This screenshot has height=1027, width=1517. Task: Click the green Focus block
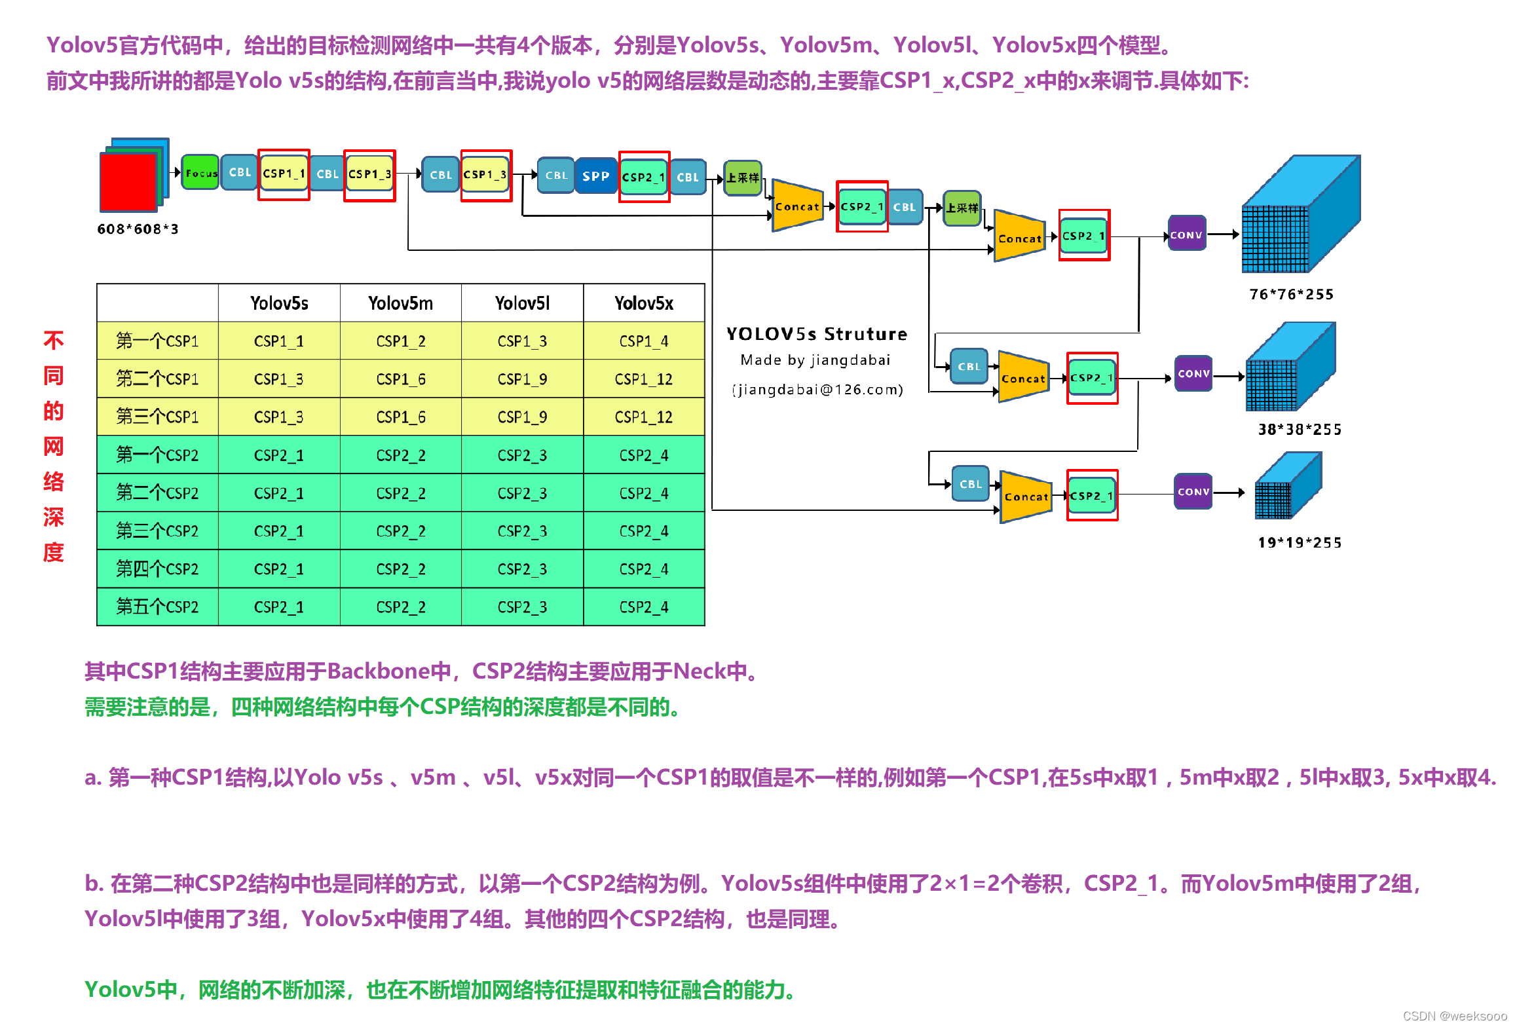(x=200, y=173)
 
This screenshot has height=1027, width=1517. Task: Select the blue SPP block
(x=595, y=176)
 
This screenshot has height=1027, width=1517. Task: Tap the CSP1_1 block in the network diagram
(x=284, y=174)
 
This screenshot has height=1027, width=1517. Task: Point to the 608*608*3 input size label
(x=138, y=229)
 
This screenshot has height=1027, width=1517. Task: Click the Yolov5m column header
(x=400, y=303)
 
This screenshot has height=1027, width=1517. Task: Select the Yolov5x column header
(x=643, y=303)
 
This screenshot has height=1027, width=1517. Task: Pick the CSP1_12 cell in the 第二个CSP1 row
(x=643, y=379)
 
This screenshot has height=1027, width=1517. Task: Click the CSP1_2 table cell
(x=400, y=341)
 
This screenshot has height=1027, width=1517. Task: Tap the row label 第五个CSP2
(x=157, y=607)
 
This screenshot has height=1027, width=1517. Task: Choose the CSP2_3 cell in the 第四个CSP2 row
(x=522, y=569)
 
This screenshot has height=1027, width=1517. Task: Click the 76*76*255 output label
(x=1291, y=295)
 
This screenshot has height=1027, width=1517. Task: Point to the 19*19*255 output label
(x=1300, y=542)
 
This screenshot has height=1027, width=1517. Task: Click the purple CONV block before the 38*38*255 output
(x=1193, y=373)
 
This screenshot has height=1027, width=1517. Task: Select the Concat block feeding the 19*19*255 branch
(x=1026, y=497)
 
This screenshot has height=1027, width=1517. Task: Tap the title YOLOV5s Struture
(x=817, y=334)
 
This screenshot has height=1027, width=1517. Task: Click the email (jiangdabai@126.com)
(x=817, y=390)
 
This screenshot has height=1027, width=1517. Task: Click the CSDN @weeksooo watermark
(x=1454, y=1016)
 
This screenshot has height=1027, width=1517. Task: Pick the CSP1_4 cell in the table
(x=643, y=341)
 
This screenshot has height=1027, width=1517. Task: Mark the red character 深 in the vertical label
(x=54, y=517)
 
